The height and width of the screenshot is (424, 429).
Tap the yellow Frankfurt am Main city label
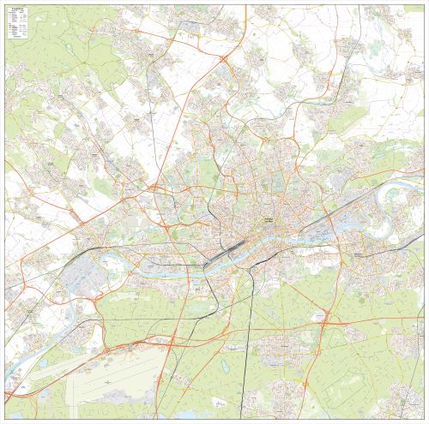point(267,220)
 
